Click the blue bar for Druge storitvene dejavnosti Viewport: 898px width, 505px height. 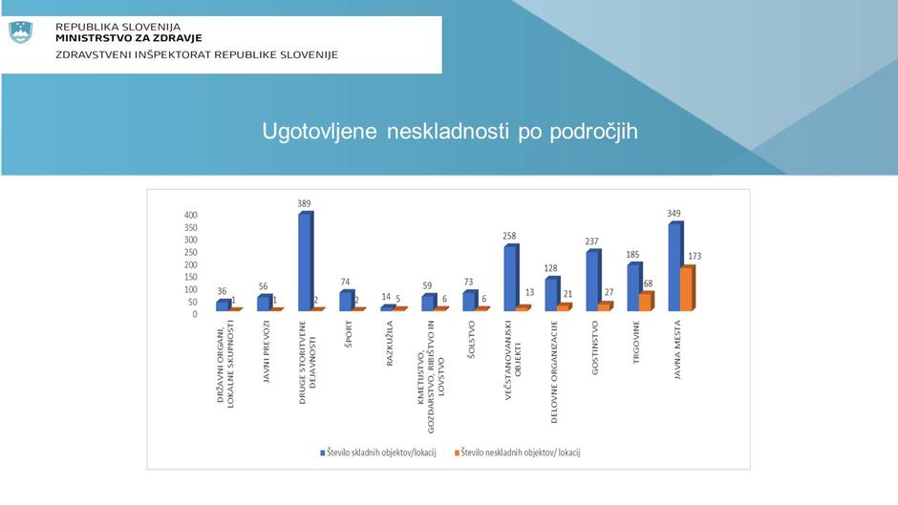[305, 261]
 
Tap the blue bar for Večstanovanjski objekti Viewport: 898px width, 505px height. [510, 278]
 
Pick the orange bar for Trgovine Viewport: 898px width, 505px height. [645, 302]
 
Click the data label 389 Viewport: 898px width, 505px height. [305, 203]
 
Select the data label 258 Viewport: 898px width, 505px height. [511, 236]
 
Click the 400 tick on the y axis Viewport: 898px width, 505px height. [191, 216]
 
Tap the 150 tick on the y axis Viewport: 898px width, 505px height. [191, 277]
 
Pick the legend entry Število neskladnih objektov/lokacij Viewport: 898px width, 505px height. [521, 452]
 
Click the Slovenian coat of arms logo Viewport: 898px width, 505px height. [21, 32]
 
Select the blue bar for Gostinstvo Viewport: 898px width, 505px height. [593, 281]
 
